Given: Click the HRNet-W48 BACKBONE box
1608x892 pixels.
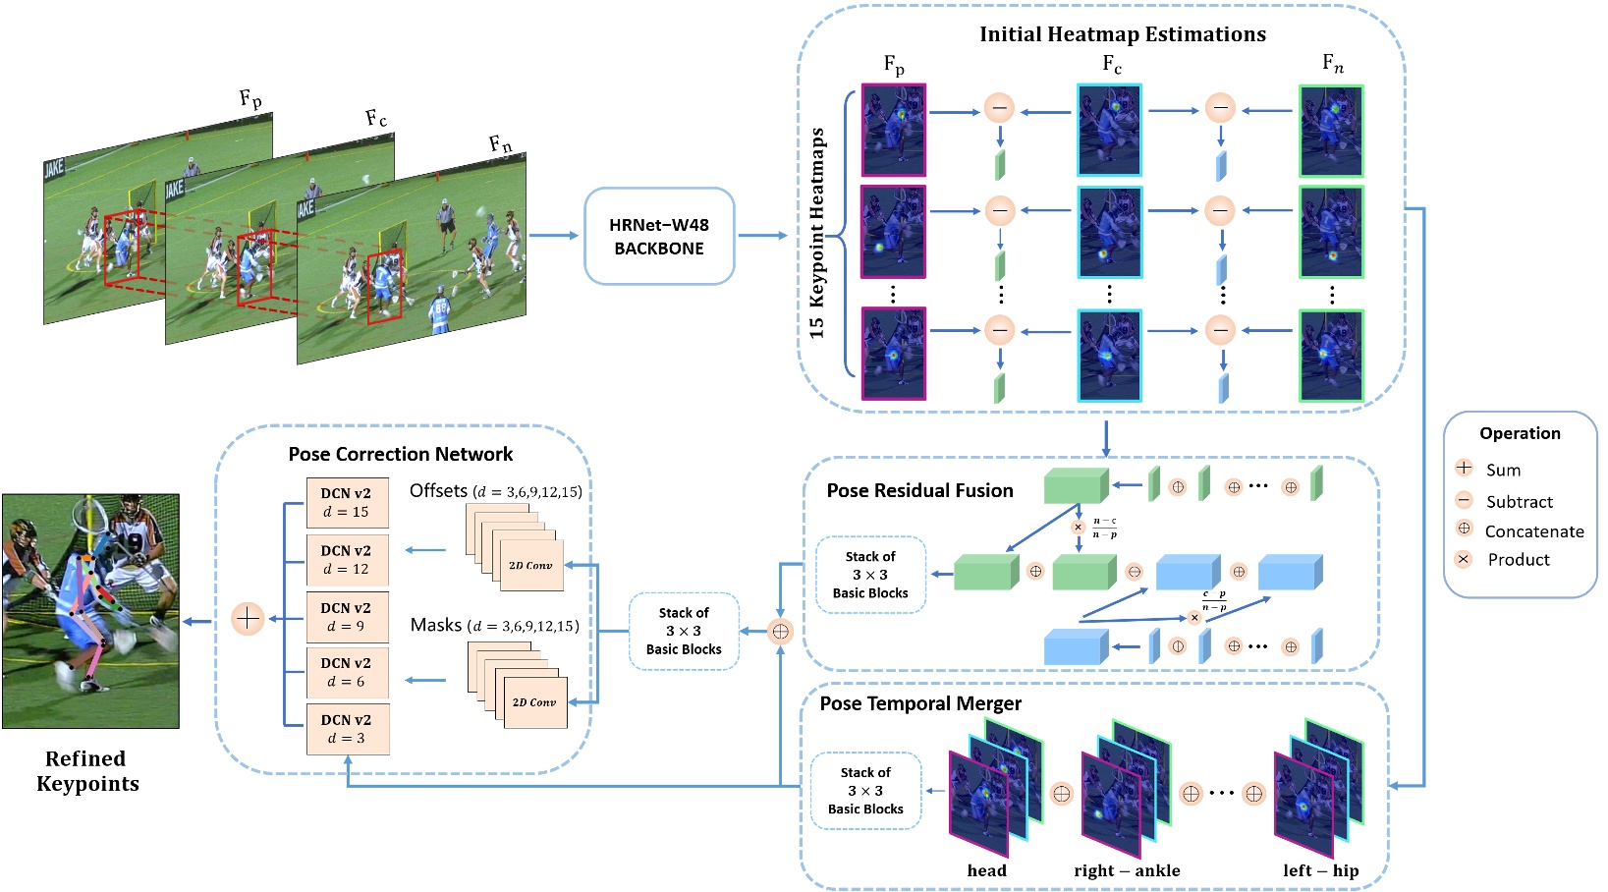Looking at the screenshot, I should pyautogui.click(x=659, y=237).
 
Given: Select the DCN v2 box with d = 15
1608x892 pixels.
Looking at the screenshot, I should pyautogui.click(x=347, y=503).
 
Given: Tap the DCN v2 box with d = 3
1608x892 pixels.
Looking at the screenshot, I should pyautogui.click(x=347, y=729).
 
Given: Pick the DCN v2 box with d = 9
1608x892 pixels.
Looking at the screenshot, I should pyautogui.click(x=347, y=617).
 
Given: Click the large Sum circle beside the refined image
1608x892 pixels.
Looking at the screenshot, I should pyautogui.click(x=248, y=619).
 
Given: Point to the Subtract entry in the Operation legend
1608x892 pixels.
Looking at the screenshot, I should pyautogui.click(x=1518, y=501).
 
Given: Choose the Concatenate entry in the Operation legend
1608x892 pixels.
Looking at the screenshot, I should pyautogui.click(x=1532, y=531).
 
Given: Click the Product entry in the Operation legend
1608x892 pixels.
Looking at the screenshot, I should pyautogui.click(x=1517, y=560).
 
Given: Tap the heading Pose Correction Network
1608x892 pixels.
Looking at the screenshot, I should pyautogui.click(x=400, y=454).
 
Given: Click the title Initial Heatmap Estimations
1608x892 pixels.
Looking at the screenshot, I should pyautogui.click(x=1122, y=34).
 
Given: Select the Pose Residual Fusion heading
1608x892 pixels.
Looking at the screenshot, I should pyautogui.click(x=919, y=490).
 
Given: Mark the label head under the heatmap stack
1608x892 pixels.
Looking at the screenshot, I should pyautogui.click(x=986, y=870).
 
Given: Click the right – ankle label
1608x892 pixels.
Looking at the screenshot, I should pyautogui.click(x=1127, y=870).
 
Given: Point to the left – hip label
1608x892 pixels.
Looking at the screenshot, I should pyautogui.click(x=1320, y=870).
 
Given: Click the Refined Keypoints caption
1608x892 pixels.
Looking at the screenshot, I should pyautogui.click(x=87, y=771).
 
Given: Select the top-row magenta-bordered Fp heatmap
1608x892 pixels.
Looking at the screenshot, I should pyautogui.click(x=893, y=131).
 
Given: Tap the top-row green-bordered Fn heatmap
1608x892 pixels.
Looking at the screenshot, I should pyautogui.click(x=1331, y=131).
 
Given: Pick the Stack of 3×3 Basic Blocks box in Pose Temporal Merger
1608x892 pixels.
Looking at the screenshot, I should pyautogui.click(x=865, y=791).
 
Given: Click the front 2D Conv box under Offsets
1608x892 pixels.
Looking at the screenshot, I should pyautogui.click(x=530, y=565).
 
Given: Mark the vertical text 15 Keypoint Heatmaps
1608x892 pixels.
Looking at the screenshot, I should pyautogui.click(x=817, y=234).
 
